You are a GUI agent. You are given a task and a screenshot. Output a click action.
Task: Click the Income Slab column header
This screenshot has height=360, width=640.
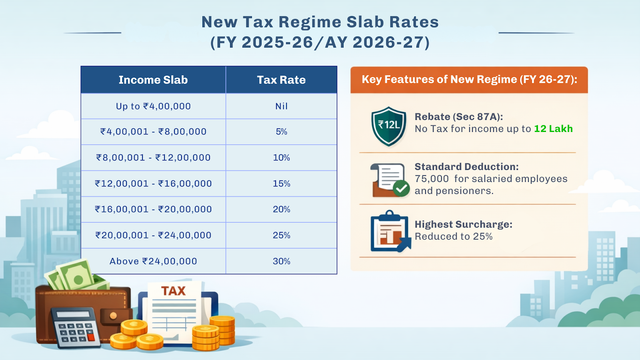click(x=153, y=80)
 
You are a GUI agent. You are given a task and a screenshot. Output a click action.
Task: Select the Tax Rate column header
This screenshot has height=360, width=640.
click(x=281, y=80)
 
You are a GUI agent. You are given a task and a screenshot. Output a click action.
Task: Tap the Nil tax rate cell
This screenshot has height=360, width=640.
click(x=281, y=106)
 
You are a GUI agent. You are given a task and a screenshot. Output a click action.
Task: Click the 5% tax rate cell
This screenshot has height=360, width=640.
click(x=281, y=132)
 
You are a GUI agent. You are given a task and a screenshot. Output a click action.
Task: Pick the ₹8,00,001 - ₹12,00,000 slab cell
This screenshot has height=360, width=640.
click(x=153, y=158)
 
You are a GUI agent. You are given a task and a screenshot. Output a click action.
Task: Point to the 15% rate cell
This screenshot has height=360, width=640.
click(x=281, y=184)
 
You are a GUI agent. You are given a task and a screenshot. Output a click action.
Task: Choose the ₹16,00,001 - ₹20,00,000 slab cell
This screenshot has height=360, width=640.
click(x=153, y=209)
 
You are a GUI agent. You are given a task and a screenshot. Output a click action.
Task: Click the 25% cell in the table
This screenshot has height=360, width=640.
click(x=281, y=235)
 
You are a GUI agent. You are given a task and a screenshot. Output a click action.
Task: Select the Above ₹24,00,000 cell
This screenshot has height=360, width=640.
click(x=153, y=261)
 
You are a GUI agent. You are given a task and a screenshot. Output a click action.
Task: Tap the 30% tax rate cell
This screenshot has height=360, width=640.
click(x=281, y=261)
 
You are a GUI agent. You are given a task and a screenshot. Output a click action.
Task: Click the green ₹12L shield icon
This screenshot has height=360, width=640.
click(x=388, y=126)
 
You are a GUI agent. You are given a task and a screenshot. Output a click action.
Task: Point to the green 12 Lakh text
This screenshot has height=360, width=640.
click(x=553, y=129)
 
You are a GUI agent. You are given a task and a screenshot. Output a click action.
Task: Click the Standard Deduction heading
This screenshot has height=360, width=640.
click(x=466, y=167)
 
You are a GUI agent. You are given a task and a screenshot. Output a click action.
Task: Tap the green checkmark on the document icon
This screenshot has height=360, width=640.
click(x=401, y=188)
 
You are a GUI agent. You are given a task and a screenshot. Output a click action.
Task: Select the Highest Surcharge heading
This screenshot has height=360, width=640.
click(x=463, y=224)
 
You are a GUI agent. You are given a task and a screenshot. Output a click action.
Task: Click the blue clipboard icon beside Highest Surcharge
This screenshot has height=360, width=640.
click(x=389, y=232)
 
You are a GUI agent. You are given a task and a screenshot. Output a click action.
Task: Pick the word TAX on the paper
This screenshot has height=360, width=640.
click(x=173, y=291)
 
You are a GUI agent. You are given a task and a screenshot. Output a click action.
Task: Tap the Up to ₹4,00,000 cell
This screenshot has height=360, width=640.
click(x=153, y=106)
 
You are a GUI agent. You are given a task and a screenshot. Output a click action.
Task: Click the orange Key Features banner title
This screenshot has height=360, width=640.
click(x=469, y=80)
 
